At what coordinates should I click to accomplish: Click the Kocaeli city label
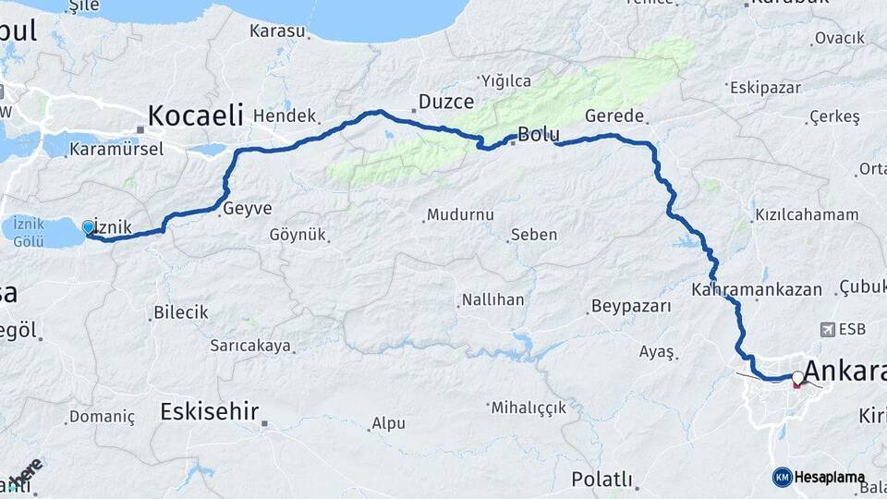pyautogui.click(x=195, y=116)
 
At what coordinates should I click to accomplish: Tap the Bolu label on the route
pyautogui.click(x=539, y=135)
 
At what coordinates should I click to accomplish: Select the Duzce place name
pyautogui.click(x=446, y=102)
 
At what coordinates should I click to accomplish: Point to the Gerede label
pyautogui.click(x=614, y=116)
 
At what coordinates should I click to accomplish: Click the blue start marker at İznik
pyautogui.click(x=89, y=226)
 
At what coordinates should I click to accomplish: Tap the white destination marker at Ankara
pyautogui.click(x=797, y=377)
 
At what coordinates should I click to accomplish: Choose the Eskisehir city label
pyautogui.click(x=209, y=411)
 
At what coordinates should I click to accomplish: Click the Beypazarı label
pyautogui.click(x=631, y=306)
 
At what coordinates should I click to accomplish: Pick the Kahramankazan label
pyautogui.click(x=757, y=289)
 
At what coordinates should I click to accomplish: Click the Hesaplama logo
pyautogui.click(x=819, y=477)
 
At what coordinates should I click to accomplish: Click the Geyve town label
pyautogui.click(x=248, y=209)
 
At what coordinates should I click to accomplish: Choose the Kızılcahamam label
pyautogui.click(x=807, y=214)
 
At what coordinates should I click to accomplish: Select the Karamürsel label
pyautogui.click(x=116, y=149)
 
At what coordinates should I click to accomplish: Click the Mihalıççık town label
pyautogui.click(x=541, y=407)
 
